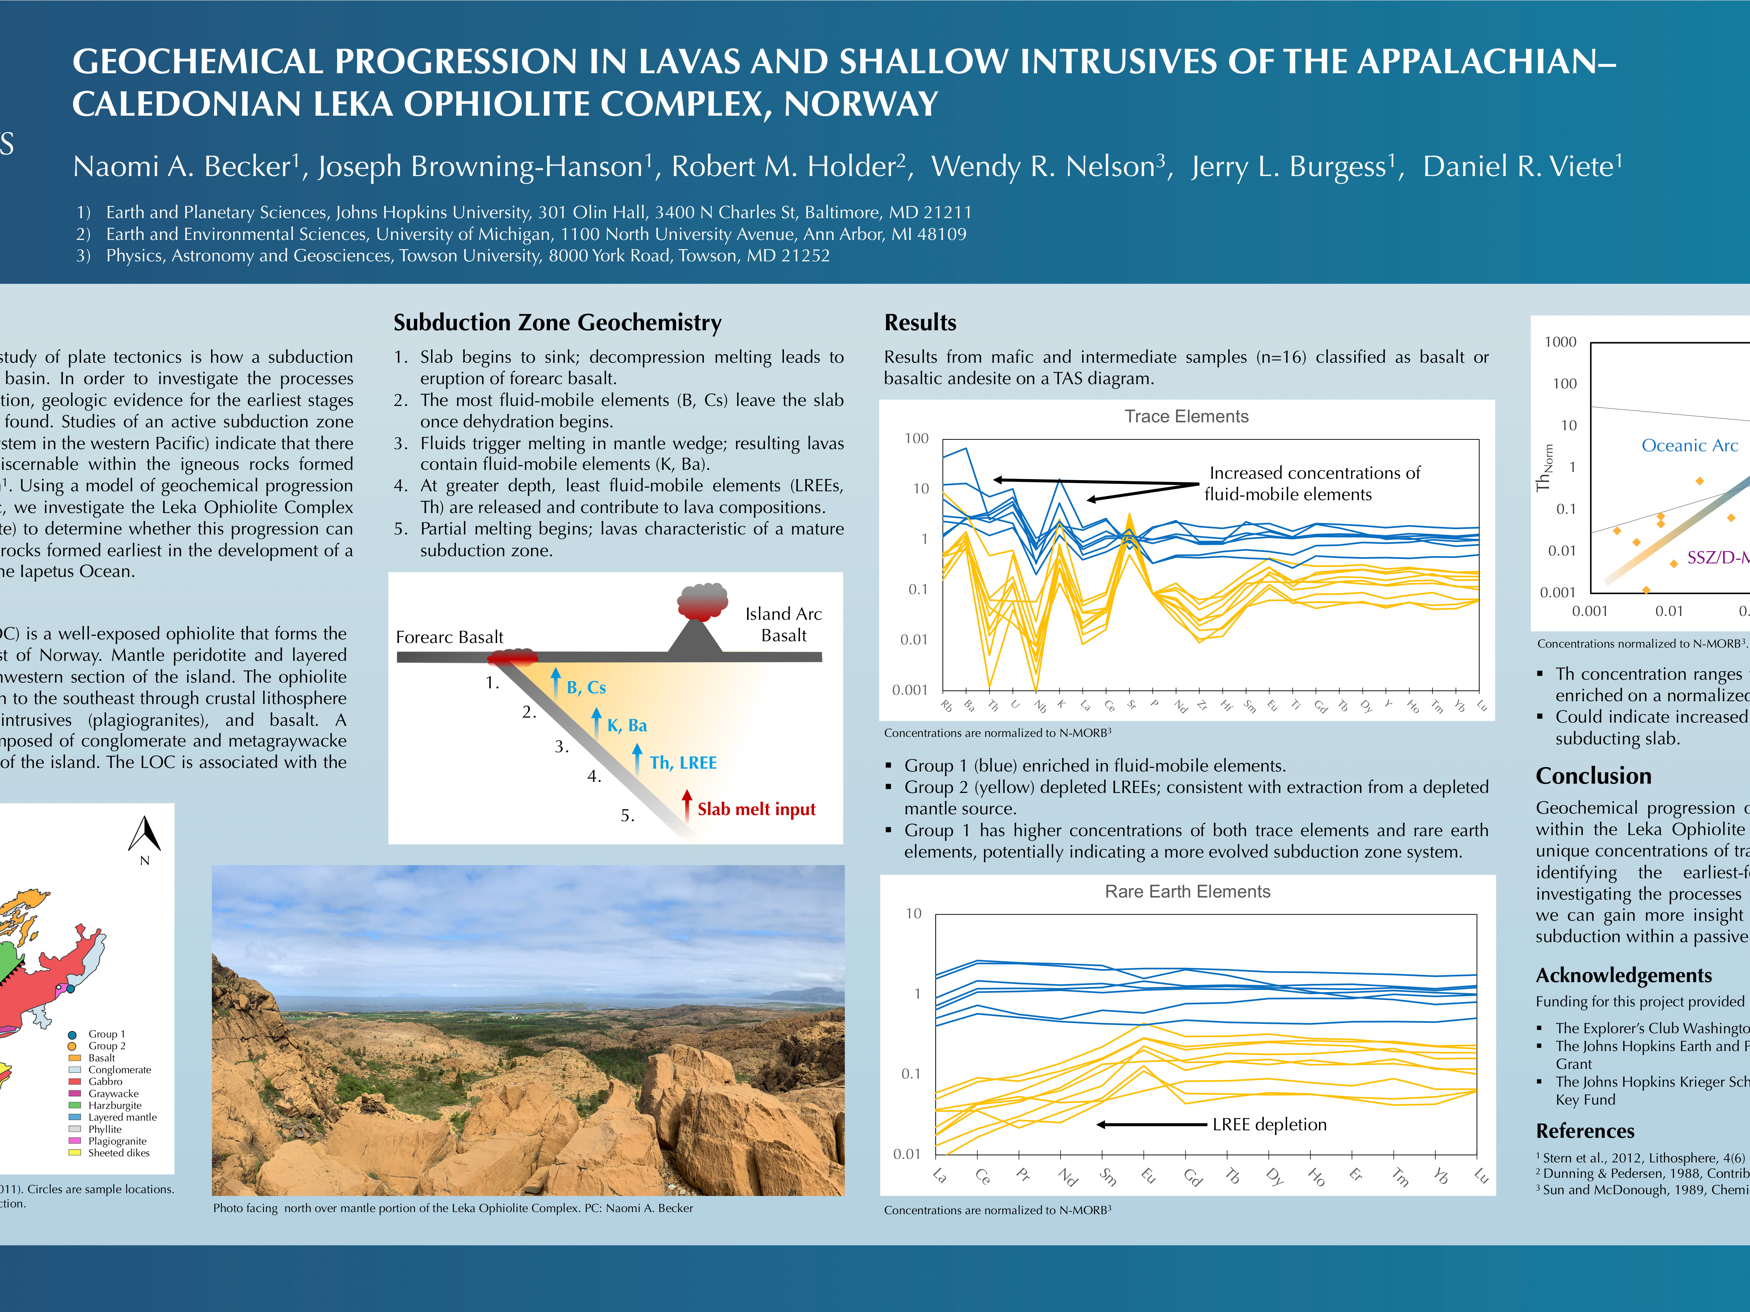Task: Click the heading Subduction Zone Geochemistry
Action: (557, 323)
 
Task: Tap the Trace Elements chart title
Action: (1186, 417)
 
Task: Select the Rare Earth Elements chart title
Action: (1187, 891)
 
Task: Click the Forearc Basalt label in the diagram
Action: (449, 637)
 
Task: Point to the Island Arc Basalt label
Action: (783, 624)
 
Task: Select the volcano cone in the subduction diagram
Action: (695, 636)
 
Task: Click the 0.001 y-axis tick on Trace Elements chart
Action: (910, 690)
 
